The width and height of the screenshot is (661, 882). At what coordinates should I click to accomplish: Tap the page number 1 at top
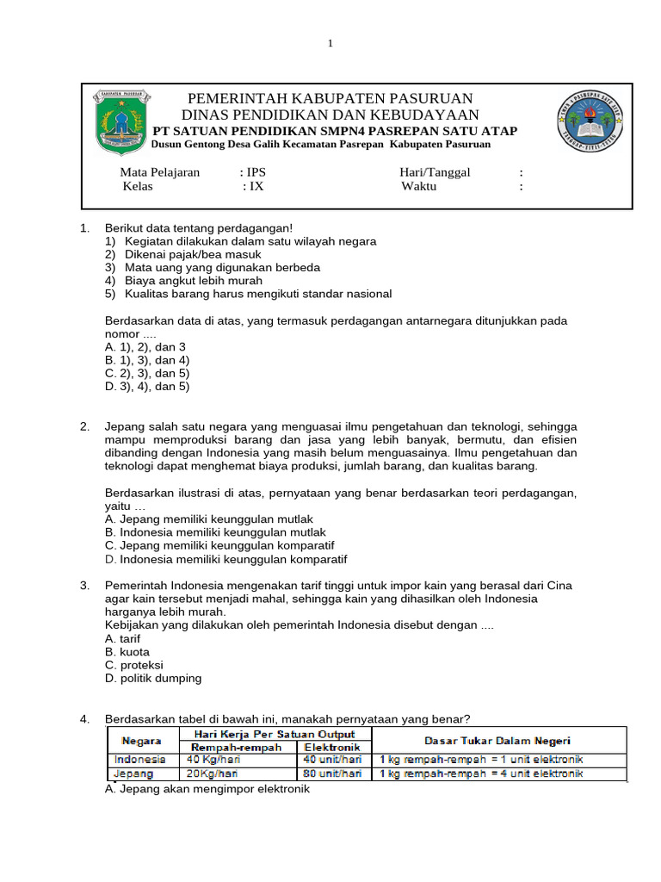330,45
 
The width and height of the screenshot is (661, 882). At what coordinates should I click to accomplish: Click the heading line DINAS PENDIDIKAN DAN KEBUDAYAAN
330,115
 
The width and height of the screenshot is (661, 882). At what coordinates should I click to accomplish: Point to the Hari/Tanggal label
435,172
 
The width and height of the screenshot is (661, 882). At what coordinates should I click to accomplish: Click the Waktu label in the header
419,186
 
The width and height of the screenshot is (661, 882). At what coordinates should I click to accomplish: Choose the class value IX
256,186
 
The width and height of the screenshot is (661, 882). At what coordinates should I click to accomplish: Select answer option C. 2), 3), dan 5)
147,373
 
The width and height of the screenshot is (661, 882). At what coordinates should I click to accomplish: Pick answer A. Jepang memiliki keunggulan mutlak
208,519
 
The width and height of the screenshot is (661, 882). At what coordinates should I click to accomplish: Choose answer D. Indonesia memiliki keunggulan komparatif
225,559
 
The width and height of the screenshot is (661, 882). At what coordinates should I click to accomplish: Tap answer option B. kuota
127,652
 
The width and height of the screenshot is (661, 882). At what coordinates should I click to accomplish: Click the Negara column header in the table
142,740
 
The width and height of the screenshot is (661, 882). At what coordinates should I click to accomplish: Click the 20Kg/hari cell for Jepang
211,773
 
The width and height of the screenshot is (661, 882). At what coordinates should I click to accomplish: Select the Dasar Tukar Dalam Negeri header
497,740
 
